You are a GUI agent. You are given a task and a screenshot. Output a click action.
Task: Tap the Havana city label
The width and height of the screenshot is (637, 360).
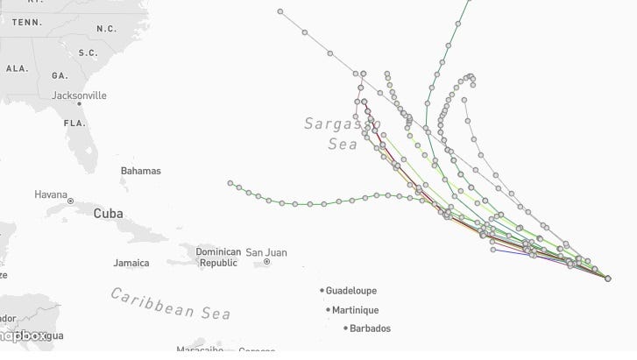51,194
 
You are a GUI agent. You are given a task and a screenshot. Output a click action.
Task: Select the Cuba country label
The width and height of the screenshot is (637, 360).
108,213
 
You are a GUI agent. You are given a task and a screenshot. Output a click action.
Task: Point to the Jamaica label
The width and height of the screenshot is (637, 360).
131,262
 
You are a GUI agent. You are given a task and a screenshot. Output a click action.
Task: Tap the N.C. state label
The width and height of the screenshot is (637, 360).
106,28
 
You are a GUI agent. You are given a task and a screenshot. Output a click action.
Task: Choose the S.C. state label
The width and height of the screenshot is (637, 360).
88,53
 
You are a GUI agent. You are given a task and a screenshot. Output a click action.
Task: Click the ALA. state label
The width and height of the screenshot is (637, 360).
17,67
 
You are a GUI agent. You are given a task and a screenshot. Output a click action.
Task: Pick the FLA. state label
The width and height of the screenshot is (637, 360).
73,123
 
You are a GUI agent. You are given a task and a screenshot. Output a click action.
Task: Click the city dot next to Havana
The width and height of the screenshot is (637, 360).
70,201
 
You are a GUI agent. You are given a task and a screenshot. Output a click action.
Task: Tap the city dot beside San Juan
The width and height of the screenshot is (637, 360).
266,262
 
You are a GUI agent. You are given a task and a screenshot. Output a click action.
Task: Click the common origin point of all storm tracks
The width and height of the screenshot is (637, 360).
608,279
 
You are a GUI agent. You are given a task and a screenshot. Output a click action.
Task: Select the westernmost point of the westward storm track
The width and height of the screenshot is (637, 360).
230,183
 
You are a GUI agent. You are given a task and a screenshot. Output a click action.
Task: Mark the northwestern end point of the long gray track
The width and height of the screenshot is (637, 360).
280,11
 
